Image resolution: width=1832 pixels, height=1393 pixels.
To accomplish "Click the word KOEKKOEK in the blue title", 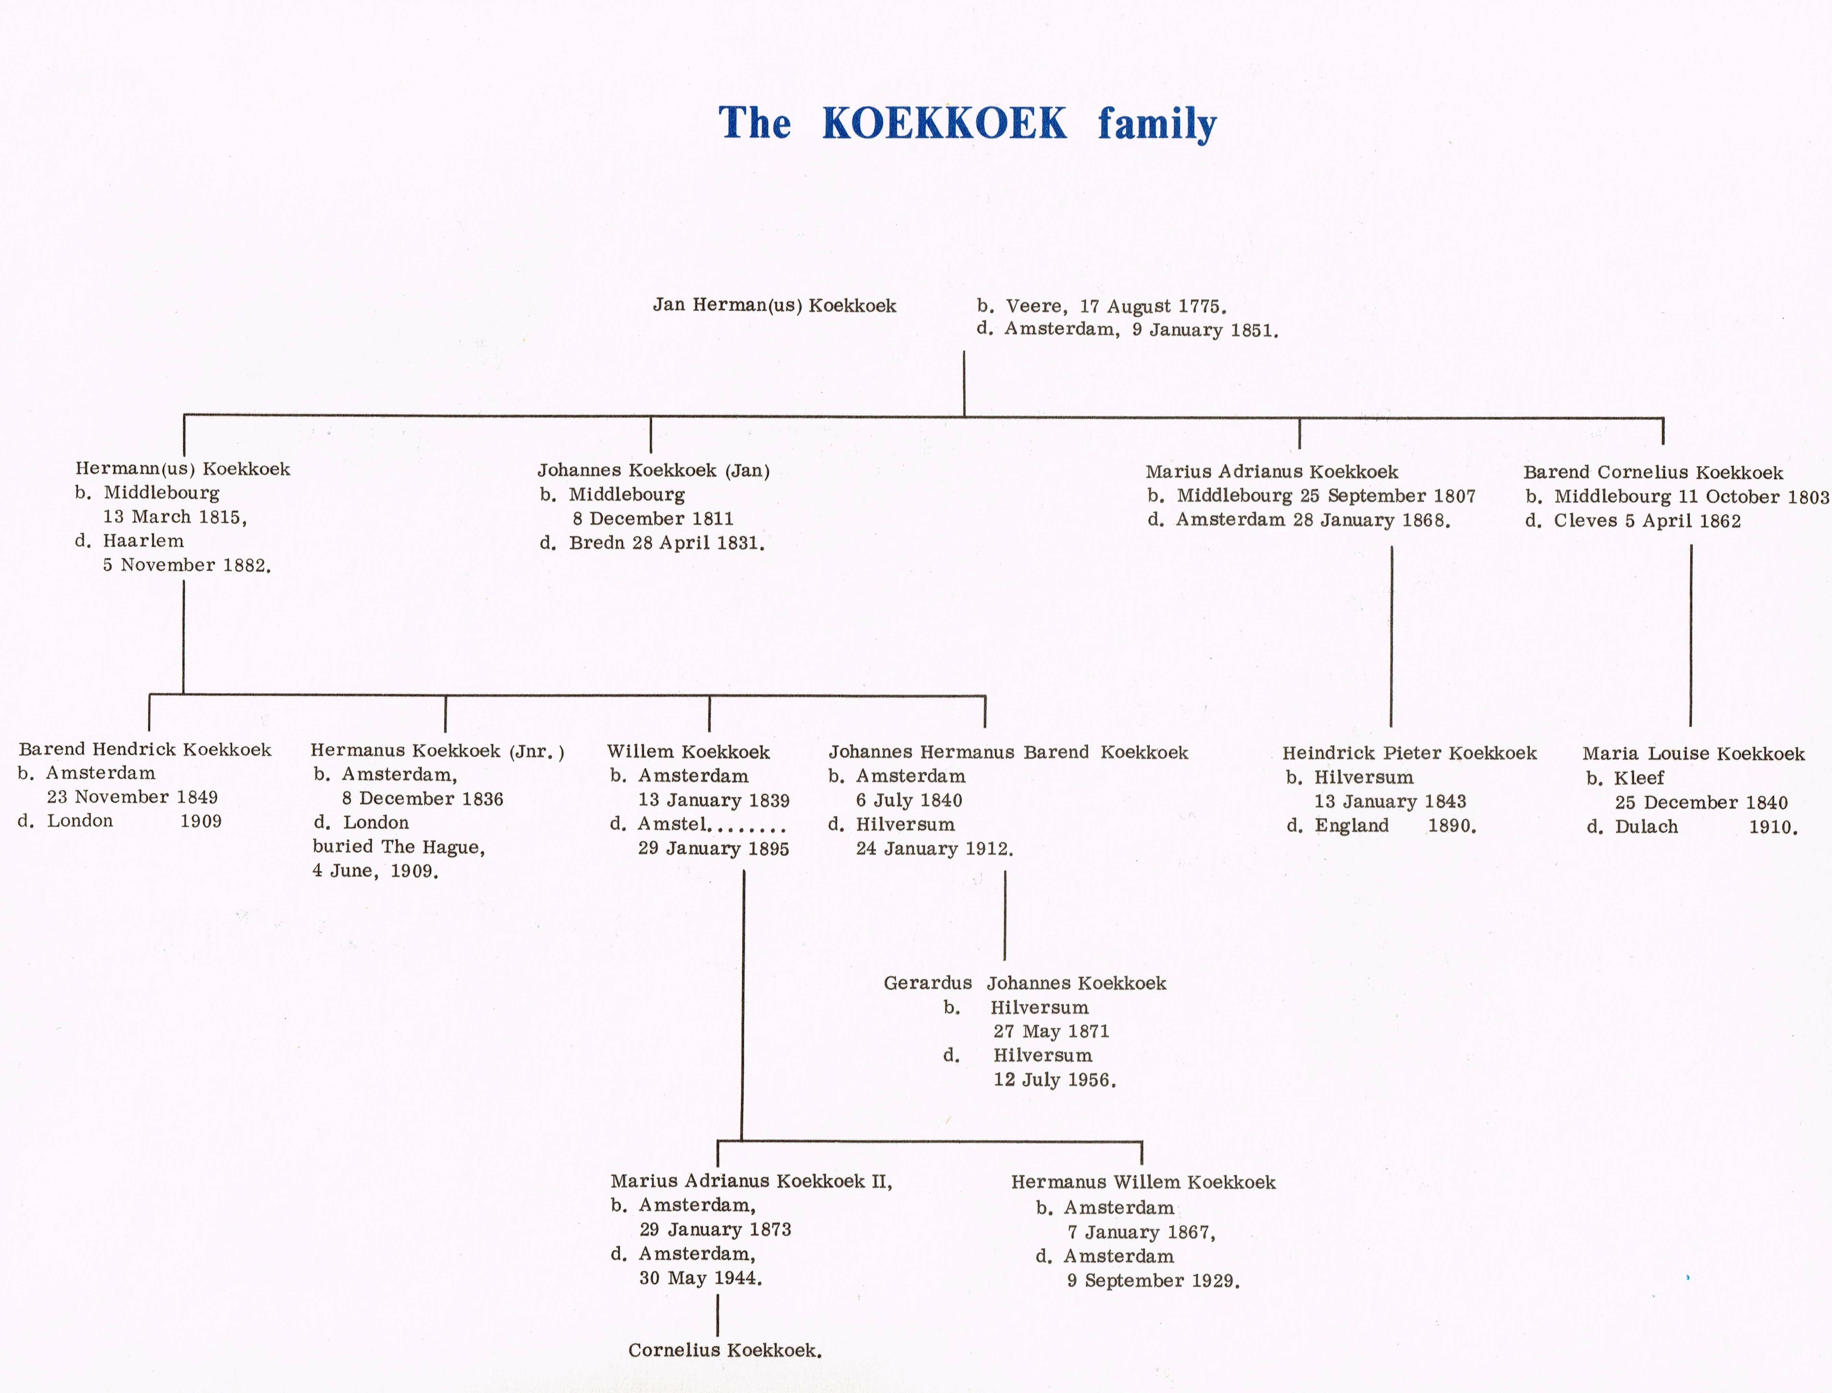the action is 944,124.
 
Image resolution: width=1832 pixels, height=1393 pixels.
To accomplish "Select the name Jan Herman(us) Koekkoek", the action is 774,305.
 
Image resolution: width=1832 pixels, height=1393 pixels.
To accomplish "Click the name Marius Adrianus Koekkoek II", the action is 751,1182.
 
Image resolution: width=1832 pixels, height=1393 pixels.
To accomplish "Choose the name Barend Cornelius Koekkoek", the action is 1653,473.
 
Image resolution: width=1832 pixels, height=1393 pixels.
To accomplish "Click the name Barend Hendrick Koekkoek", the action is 145,750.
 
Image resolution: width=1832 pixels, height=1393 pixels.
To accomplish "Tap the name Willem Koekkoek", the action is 688,752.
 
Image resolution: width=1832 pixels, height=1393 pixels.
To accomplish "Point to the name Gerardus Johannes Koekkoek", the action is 1024,983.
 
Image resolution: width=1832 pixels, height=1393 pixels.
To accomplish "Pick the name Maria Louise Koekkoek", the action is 1694,754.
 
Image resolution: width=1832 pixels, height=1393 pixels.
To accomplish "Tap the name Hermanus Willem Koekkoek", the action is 1143,1182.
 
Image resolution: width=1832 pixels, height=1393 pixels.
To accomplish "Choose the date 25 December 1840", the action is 1701,803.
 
